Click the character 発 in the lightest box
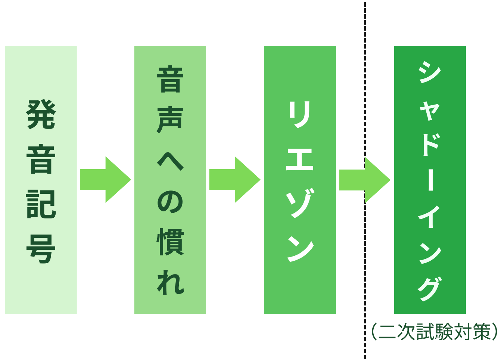(x=41, y=114)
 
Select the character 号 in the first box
(x=41, y=249)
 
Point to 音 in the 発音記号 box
(x=41, y=159)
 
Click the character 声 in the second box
(x=170, y=120)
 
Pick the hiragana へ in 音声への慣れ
(x=170, y=161)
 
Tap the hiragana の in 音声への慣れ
(x=170, y=202)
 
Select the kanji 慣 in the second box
(x=170, y=242)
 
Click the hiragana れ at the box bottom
(x=170, y=283)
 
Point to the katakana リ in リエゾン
(x=300, y=114)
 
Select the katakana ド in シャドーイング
(x=430, y=144)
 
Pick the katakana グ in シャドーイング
(x=430, y=288)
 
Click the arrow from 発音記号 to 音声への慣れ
(x=105, y=180)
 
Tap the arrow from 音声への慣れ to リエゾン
(x=234, y=180)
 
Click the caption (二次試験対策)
(x=435, y=332)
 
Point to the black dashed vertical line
(x=365, y=93)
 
